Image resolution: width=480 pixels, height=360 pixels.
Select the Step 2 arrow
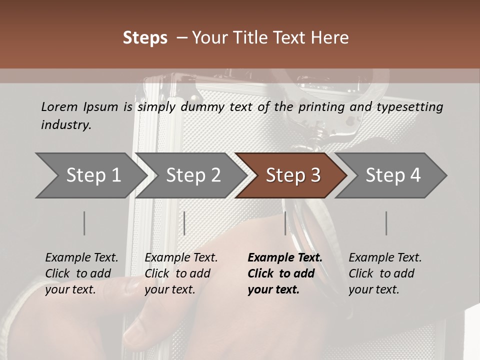(193, 175)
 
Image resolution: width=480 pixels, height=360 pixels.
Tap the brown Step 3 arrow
(293, 175)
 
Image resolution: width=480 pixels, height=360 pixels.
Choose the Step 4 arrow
(393, 175)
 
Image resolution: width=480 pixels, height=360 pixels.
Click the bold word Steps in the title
(145, 38)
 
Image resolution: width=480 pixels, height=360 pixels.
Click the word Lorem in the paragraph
(59, 106)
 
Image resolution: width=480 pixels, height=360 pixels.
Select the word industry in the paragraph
(65, 124)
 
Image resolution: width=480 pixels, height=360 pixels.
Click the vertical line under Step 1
(84, 223)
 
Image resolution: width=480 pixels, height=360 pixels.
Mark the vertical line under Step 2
(184, 223)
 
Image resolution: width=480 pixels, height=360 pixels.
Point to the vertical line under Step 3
(285, 223)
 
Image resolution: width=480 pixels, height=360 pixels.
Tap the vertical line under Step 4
(386, 223)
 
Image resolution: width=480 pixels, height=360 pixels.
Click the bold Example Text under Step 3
(285, 257)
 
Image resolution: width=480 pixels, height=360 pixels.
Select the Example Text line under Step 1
(81, 257)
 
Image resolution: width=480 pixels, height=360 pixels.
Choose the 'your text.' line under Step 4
(373, 289)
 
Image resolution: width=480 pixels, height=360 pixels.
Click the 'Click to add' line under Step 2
(177, 273)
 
